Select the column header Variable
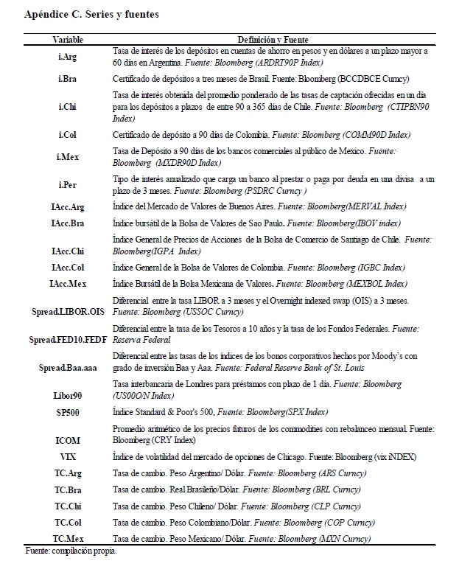click(68, 38)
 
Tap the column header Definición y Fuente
click(273, 38)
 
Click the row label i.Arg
click(68, 56)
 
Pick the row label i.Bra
click(68, 77)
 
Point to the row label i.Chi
click(68, 106)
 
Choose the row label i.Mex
click(68, 157)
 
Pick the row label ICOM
click(68, 439)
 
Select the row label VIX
click(68, 457)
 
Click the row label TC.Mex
click(68, 539)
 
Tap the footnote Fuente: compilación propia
click(71, 551)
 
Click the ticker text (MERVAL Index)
click(375, 207)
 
